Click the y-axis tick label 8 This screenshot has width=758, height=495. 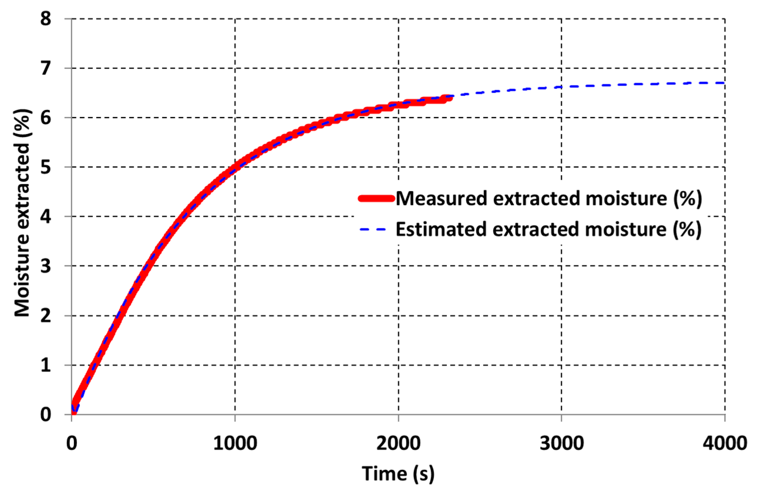coord(46,19)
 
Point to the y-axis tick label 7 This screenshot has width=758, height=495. coord(46,68)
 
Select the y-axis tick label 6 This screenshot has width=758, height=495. coord(46,118)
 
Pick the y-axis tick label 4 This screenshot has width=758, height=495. coord(46,217)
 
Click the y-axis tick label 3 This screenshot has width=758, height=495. coord(46,266)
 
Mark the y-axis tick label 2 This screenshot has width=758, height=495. coord(46,316)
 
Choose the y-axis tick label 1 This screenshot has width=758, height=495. coord(46,365)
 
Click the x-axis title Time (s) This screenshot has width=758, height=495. coord(398,473)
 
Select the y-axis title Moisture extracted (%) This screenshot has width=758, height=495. coord(22,213)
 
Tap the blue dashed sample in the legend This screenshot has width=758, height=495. coord(373,229)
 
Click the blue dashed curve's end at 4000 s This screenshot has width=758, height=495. coord(724,83)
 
